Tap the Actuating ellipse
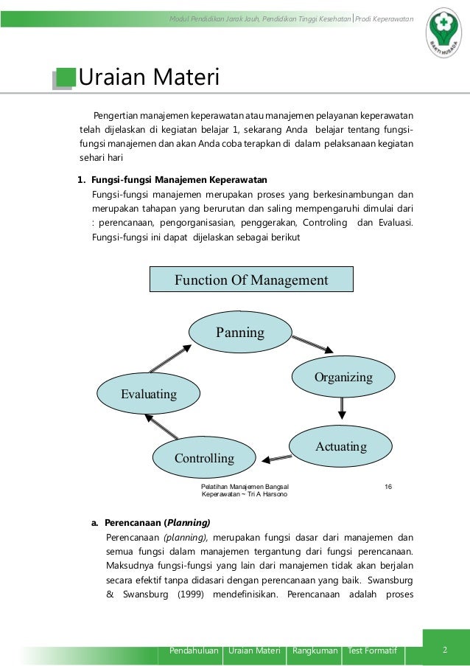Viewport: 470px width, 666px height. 340,447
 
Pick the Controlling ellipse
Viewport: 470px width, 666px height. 204,458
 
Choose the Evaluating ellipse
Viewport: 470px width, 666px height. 149,394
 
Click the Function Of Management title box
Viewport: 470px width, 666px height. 251,280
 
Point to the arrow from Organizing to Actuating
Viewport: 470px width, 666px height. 343,409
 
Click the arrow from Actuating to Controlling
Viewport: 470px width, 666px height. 277,458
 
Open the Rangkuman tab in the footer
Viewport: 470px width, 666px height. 315,651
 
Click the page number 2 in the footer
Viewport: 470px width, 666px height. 445,650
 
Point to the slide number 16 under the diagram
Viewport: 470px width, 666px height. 388,486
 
